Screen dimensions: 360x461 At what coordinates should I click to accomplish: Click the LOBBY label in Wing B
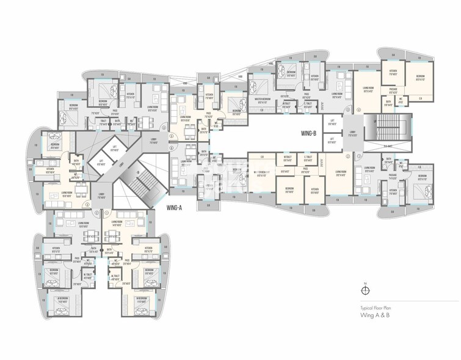coord(352,133)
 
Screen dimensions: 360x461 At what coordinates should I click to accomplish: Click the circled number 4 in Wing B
coord(359,109)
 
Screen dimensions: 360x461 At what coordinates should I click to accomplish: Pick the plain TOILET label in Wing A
coord(104,121)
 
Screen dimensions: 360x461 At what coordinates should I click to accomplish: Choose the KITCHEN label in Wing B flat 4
coord(394,71)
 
